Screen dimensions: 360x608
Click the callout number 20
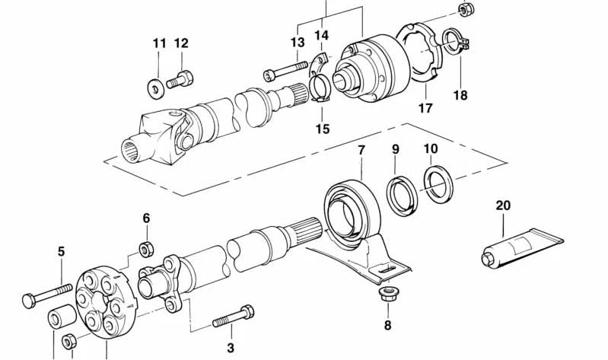point(503,205)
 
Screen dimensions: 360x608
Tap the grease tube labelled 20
point(520,247)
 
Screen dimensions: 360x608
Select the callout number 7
point(361,150)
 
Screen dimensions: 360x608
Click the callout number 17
point(425,108)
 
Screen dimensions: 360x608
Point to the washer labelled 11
point(156,88)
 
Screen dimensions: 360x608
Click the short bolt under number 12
point(183,78)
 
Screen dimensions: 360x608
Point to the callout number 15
point(323,129)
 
